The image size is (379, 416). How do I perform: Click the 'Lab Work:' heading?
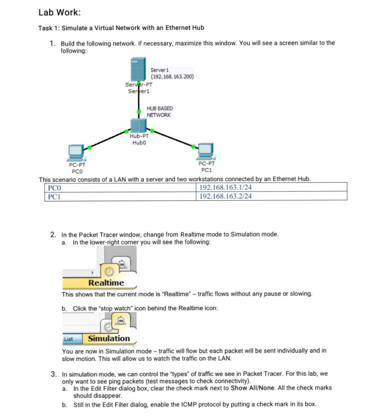click(59, 13)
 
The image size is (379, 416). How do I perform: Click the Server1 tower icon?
click(138, 70)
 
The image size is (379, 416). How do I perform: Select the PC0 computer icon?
click(76, 152)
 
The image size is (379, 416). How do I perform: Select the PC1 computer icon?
click(206, 151)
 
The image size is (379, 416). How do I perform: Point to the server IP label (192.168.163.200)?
click(172, 76)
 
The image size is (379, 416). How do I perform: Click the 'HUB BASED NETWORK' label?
click(159, 112)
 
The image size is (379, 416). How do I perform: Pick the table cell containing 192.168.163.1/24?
click(225, 187)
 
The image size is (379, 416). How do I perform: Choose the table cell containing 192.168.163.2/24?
click(225, 196)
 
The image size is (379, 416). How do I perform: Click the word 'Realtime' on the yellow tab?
click(106, 283)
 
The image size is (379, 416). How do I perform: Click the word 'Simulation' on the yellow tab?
click(109, 338)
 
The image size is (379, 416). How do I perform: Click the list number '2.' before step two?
click(54, 234)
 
